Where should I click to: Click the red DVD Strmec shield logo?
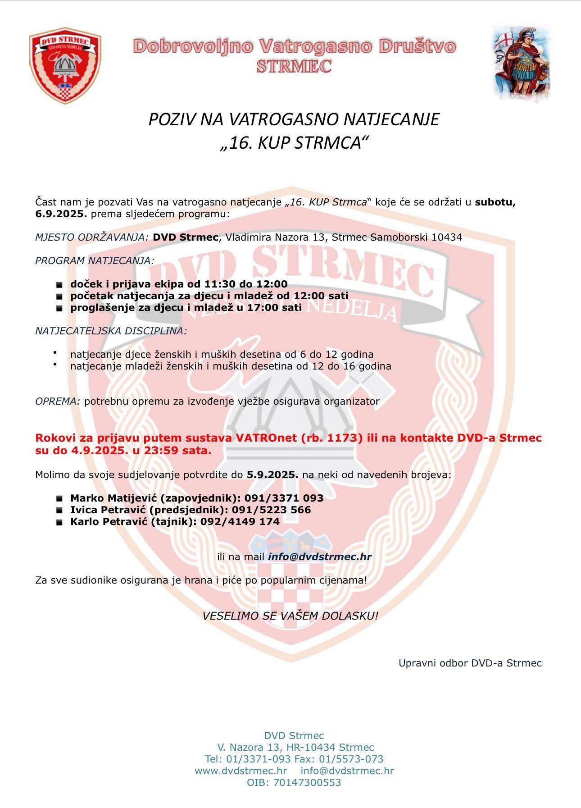(65, 62)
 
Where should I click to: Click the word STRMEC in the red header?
(294, 66)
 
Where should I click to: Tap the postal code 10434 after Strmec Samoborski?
(447, 237)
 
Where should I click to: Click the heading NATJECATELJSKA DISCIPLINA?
(111, 331)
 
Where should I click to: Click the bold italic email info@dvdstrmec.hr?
(319, 557)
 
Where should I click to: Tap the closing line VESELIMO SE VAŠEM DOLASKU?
(290, 615)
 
